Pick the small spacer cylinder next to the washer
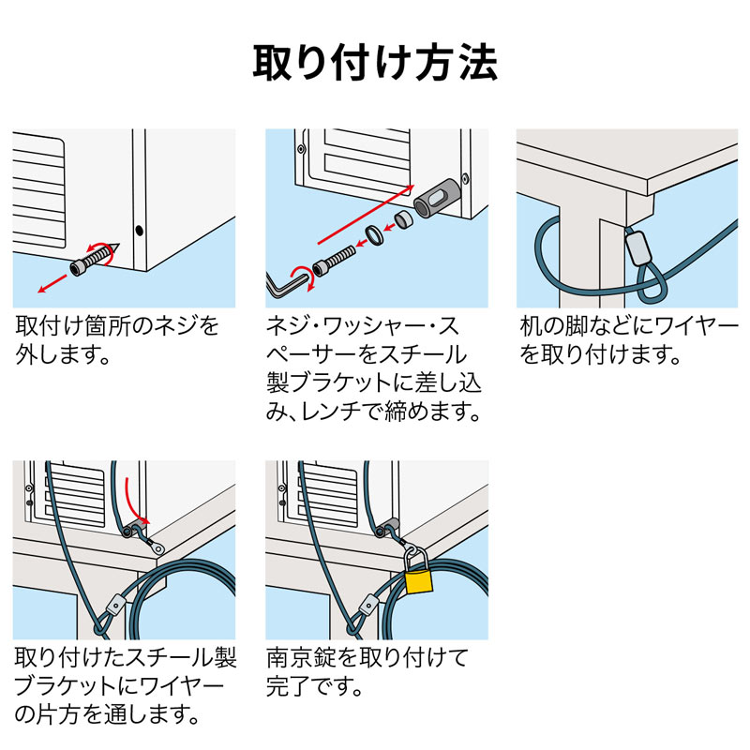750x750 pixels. [402, 222]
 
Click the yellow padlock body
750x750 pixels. [418, 580]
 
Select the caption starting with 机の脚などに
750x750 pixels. [627, 340]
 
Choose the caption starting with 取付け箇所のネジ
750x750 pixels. [117, 340]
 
